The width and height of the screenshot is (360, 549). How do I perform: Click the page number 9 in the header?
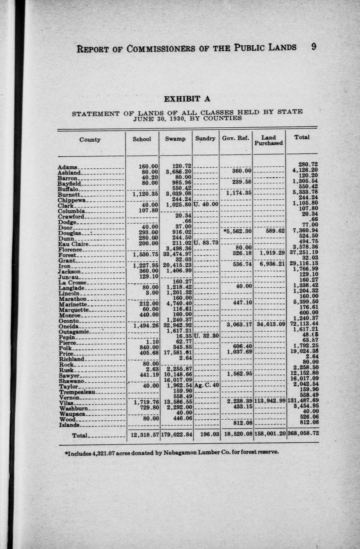[x=313, y=47]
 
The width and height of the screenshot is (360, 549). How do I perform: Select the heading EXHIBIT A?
[x=187, y=99]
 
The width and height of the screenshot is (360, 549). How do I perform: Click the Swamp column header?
[x=175, y=139]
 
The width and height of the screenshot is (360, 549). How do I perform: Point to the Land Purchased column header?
[x=269, y=140]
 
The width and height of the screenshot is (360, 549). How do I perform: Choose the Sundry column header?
[x=205, y=138]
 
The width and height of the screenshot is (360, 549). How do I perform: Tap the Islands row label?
[x=68, y=425]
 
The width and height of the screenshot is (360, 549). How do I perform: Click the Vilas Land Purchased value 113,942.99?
[x=270, y=401]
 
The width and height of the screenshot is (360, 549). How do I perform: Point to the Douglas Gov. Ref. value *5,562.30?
[x=238, y=231]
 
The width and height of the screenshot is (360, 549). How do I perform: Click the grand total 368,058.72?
[x=303, y=434]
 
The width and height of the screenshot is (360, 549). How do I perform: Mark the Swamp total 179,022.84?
[x=176, y=434]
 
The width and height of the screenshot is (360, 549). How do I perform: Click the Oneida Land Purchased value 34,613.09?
[x=270, y=324]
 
